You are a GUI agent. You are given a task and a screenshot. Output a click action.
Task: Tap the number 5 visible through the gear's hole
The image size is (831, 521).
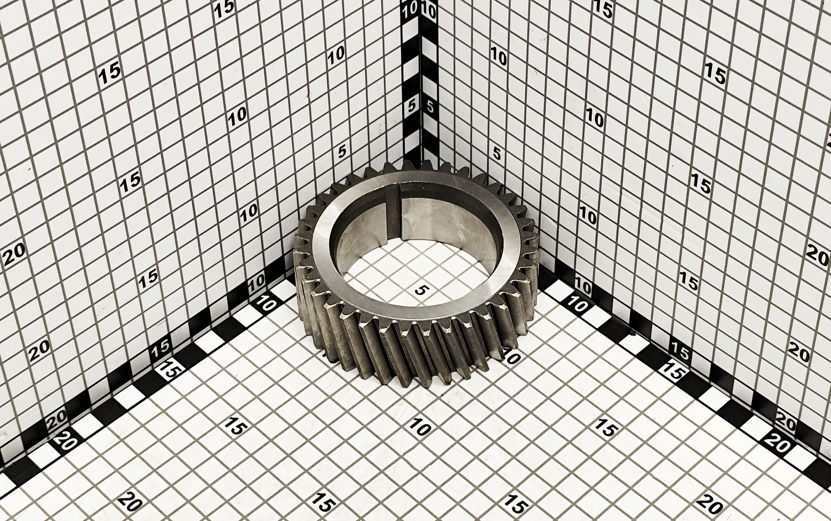click(x=419, y=290)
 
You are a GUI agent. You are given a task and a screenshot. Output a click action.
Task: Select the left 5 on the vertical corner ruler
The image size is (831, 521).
click(x=412, y=106)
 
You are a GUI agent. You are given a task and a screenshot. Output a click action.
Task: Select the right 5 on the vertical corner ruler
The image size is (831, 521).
click(x=430, y=107)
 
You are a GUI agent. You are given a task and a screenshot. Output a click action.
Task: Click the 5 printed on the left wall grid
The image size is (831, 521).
click(x=342, y=151)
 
